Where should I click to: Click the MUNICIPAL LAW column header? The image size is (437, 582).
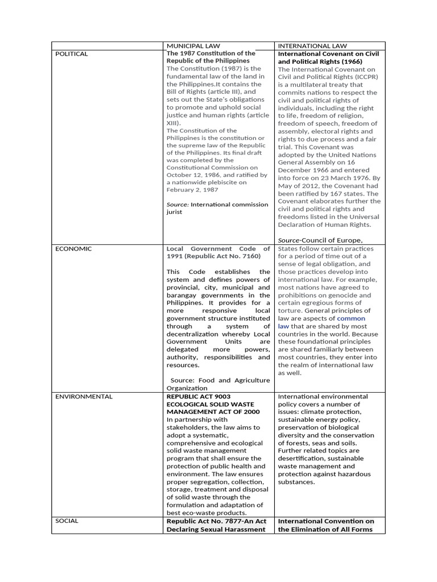coord(193,45)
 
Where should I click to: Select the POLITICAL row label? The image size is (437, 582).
coord(72,53)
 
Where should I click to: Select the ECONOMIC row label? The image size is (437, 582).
coord(73,248)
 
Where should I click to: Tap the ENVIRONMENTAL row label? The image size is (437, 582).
coord(84,396)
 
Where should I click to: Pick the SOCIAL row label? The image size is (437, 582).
coord(67,520)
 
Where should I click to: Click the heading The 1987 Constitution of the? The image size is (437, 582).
coord(211,53)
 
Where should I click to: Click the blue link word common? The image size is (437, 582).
coord(351,318)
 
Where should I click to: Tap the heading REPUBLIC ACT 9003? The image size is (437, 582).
coord(198,396)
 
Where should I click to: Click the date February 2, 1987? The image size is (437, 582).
coord(193,190)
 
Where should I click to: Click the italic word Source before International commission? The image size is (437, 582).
coord(177,204)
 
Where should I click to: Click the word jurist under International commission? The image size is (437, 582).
coord(175,212)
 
